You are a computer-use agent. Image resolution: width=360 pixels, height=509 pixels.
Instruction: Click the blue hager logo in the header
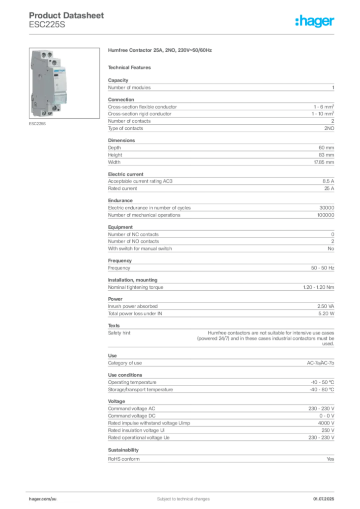tap(315, 22)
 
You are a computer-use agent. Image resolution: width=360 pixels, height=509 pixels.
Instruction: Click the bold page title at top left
tap(67, 15)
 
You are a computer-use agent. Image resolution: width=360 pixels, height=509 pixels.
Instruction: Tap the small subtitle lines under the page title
tap(47, 26)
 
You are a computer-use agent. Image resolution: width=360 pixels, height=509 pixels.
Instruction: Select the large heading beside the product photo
tap(161, 51)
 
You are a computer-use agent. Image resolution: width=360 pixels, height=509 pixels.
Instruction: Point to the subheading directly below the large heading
tap(131, 67)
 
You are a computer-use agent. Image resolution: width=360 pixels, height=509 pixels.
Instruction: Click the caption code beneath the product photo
tap(38, 124)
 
